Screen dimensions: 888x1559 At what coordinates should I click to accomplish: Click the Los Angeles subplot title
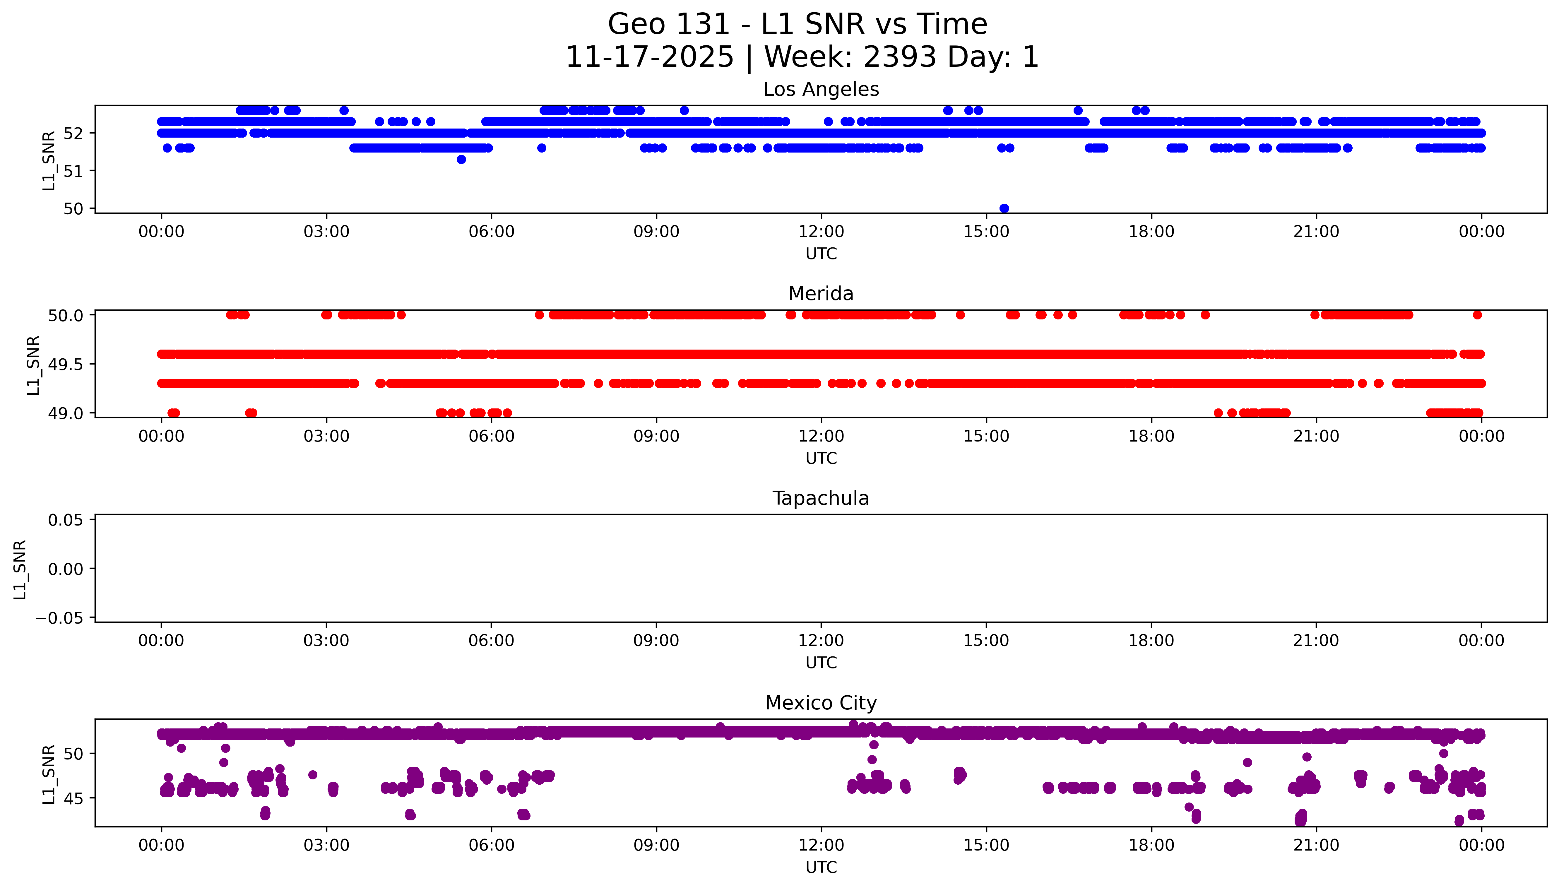(821, 90)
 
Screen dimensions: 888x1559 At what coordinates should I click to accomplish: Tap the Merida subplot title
(821, 294)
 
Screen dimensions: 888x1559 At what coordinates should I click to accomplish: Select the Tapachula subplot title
(821, 498)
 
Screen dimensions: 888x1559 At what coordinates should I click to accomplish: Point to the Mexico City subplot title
(821, 703)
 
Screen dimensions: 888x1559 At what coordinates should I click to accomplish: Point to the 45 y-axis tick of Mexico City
(73, 798)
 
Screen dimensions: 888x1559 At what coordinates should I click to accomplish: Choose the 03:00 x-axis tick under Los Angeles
(326, 232)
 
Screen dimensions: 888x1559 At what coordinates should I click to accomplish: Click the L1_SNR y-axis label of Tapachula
(20, 569)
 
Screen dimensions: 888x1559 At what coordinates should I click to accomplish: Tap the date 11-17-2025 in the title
(650, 57)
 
